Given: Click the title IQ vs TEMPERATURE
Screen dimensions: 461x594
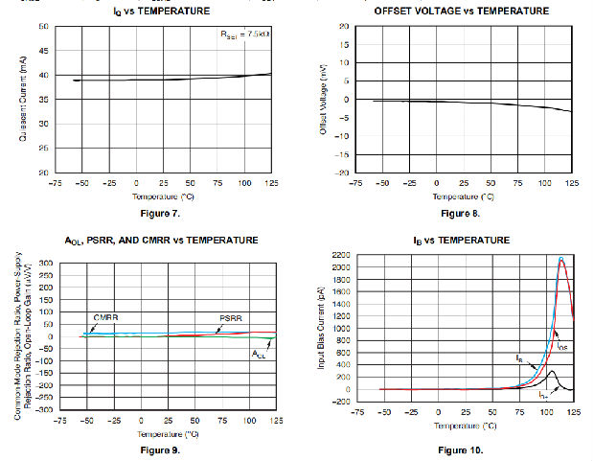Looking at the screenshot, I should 161,11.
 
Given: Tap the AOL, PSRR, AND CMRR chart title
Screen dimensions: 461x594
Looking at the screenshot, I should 160,240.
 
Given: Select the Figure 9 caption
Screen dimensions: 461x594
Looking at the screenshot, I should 160,449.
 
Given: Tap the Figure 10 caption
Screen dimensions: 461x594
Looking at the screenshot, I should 461,449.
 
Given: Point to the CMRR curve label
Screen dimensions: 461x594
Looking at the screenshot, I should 105,316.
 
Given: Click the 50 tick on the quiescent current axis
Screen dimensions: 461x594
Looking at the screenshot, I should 44,26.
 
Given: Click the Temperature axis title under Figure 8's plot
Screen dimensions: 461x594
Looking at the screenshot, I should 463,196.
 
